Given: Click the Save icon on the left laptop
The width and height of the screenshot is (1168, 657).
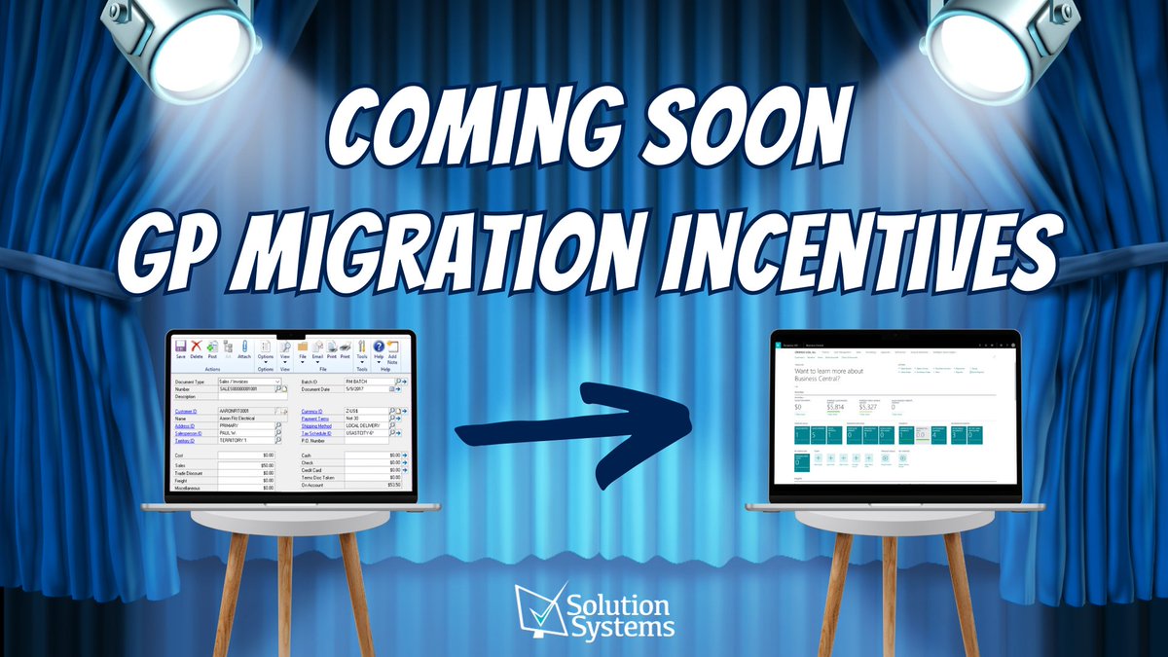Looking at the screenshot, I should pyautogui.click(x=180, y=347).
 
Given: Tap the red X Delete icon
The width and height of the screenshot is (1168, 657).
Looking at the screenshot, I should pyautogui.click(x=197, y=347).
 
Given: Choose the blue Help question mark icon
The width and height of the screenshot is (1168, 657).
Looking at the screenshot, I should pyautogui.click(x=379, y=347).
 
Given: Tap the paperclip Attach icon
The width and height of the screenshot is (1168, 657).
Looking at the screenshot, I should pyautogui.click(x=244, y=347).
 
